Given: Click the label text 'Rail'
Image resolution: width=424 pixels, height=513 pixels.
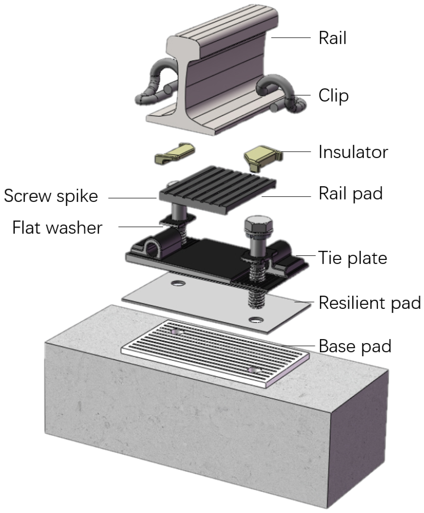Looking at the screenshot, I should [x=332, y=38].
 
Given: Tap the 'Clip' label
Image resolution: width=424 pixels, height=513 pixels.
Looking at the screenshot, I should [x=333, y=96].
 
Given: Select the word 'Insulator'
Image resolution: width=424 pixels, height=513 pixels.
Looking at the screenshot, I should [x=353, y=152].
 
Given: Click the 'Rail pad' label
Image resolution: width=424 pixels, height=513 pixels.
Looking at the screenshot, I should [x=350, y=194].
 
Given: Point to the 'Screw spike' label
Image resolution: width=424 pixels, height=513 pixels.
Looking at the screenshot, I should [x=51, y=196].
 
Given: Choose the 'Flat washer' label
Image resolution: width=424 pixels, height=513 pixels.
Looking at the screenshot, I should [x=57, y=228].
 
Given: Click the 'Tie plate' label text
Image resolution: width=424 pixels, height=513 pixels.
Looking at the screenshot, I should [x=352, y=258].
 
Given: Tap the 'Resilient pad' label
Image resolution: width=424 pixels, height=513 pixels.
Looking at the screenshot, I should [x=369, y=303].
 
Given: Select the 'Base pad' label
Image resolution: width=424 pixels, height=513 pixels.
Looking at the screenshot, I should [x=355, y=346].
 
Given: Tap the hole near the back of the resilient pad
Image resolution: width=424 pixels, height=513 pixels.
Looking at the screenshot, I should [x=178, y=283].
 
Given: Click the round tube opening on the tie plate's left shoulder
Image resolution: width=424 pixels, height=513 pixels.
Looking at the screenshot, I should [x=153, y=248].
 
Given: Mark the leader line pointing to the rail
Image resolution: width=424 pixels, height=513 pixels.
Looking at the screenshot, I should [x=290, y=38].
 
